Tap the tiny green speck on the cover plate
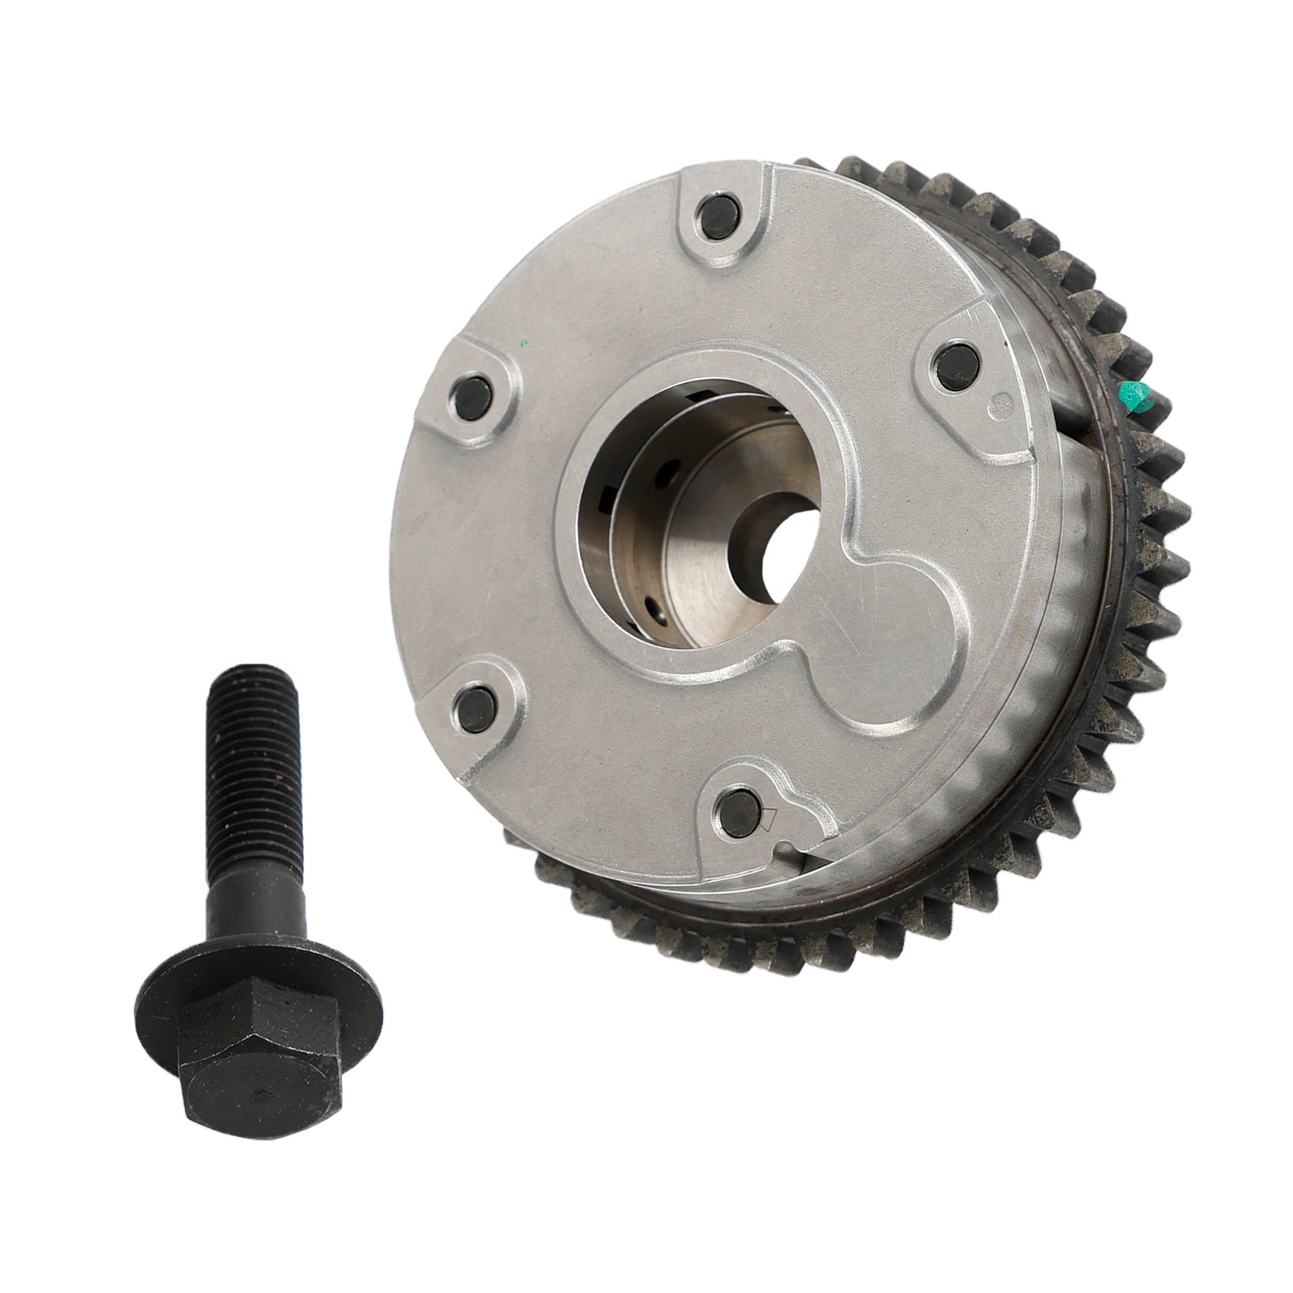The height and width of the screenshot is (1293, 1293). point(524,343)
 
